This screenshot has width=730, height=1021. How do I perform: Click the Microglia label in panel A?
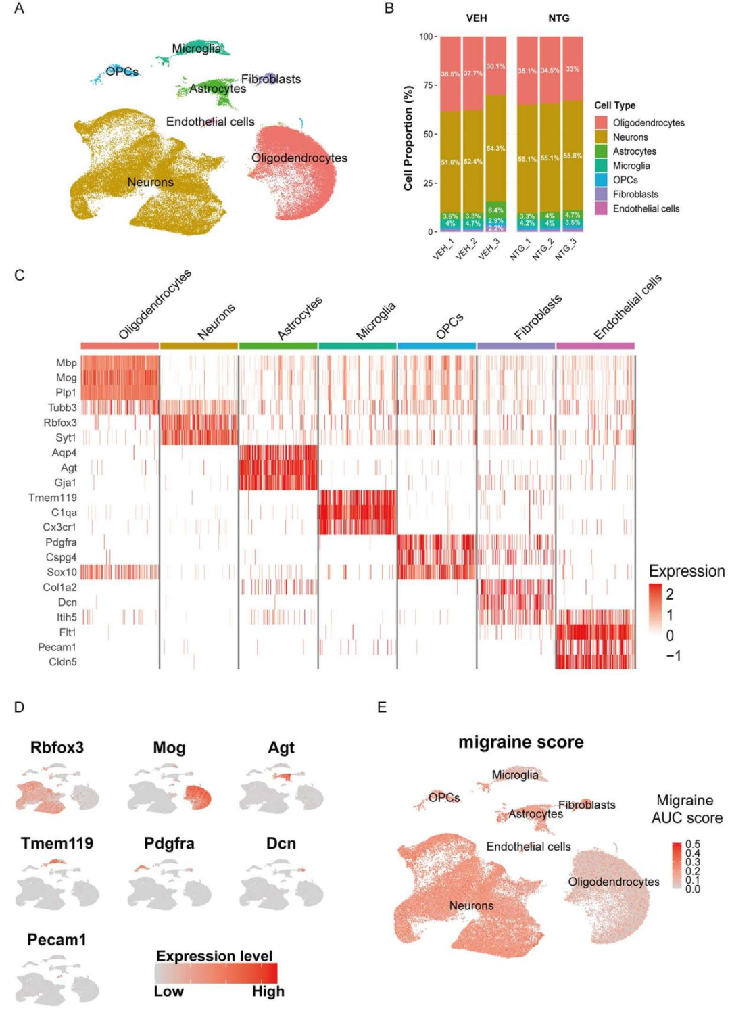pos(196,49)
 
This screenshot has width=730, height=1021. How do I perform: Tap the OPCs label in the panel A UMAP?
pos(122,72)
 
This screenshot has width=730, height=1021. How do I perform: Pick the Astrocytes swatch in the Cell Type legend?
pos(601,151)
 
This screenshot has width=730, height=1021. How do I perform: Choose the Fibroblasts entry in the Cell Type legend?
pos(635,194)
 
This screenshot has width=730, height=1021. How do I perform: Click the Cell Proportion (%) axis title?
pos(408,138)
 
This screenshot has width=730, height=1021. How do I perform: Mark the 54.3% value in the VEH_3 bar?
pos(495,149)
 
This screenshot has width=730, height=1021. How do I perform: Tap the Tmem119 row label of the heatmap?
pos(53,498)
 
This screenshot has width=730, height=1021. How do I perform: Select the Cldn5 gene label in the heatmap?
pos(63,662)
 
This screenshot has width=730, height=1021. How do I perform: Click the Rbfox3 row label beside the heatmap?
pos(60,423)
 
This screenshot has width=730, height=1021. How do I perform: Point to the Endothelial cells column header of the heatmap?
pos(627,308)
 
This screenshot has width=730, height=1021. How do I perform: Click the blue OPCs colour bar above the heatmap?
pos(437,346)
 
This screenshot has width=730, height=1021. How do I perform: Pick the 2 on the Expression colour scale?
pos(670,594)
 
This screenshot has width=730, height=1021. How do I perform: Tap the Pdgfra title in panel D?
pos(169,844)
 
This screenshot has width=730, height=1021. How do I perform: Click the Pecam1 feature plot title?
pos(57,940)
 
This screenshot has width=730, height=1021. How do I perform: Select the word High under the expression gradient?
pos(268,991)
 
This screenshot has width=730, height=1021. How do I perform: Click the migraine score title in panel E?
pos(520,742)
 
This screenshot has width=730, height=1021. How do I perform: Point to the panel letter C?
pos(20,275)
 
